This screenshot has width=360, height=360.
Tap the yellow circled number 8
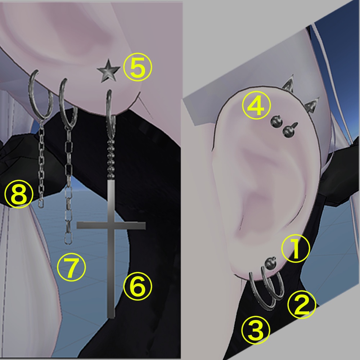19,194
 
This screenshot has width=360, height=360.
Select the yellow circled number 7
71,267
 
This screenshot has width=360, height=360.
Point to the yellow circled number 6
138,286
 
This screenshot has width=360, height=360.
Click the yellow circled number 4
256,105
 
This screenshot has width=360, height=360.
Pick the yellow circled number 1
296,248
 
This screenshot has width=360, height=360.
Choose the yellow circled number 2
302,305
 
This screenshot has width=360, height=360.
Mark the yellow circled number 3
256,330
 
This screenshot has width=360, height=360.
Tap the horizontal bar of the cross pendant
111,225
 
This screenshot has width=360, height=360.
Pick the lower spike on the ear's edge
312,105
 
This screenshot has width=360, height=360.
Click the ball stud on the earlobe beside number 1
270,263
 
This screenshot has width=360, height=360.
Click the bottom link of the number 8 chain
41,203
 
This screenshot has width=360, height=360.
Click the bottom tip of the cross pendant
111,318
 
